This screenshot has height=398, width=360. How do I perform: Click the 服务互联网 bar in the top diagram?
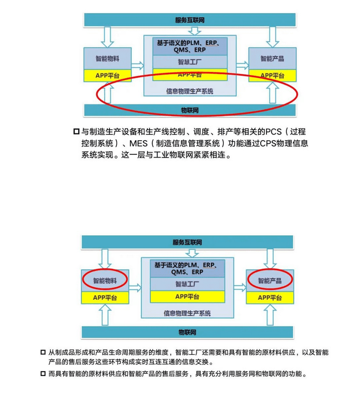click(x=189, y=20)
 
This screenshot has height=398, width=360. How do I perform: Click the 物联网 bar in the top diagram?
click(x=189, y=110)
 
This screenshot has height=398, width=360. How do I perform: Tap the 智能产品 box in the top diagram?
click(x=272, y=59)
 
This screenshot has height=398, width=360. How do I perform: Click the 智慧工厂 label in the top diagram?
click(x=190, y=62)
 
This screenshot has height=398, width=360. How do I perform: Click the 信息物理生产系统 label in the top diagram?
click(x=190, y=90)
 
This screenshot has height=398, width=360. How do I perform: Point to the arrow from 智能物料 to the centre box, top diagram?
click(x=137, y=66)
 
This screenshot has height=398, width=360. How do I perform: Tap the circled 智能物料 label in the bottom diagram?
click(x=105, y=280)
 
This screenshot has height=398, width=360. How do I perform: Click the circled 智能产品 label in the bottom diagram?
click(x=270, y=280)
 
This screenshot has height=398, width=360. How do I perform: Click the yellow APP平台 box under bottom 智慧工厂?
click(x=188, y=297)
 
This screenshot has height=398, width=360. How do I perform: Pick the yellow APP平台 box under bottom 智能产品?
click(x=270, y=297)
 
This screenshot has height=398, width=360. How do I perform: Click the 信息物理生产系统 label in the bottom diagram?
click(x=188, y=312)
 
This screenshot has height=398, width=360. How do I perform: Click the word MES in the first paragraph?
click(x=140, y=144)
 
